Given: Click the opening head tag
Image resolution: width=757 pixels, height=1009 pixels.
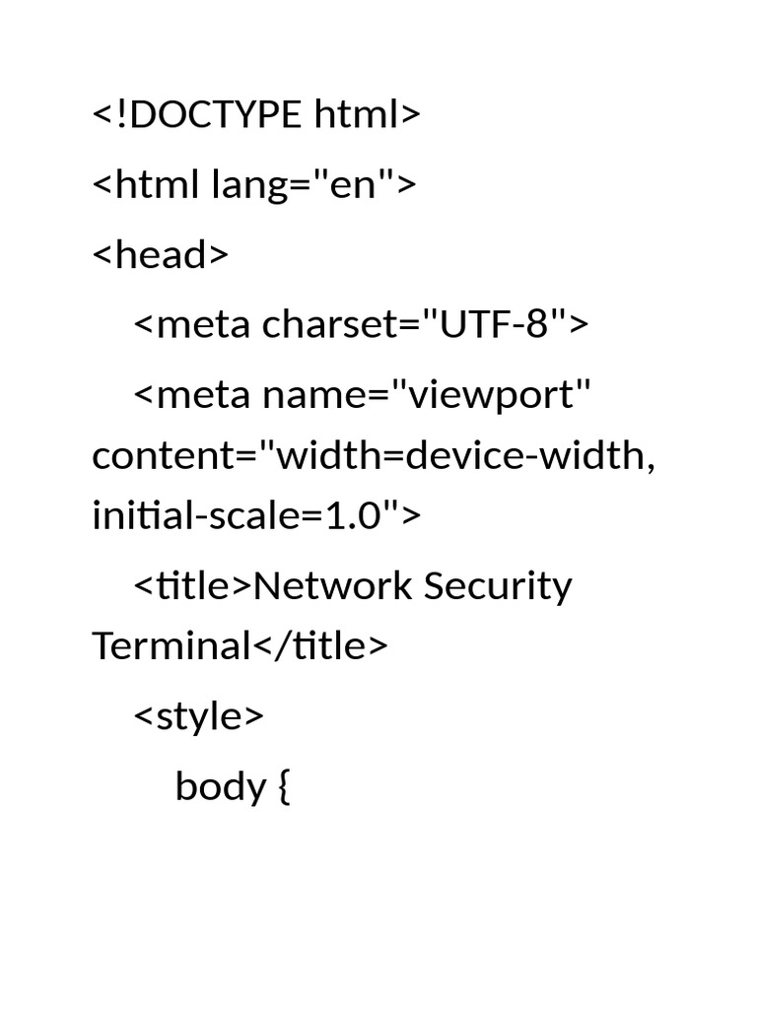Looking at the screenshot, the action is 161,254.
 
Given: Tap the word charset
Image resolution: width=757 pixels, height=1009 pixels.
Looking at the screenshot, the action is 331,323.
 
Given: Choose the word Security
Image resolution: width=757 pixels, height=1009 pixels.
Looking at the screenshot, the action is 498,587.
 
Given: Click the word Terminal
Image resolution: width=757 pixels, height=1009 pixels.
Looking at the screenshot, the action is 172,645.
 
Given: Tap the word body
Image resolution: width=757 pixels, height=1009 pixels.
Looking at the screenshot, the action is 221,785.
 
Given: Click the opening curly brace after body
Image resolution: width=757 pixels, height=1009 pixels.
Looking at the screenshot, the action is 284,787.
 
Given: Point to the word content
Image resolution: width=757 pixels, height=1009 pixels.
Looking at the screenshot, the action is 165,455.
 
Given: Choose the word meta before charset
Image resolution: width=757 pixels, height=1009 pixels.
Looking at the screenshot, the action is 203,324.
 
